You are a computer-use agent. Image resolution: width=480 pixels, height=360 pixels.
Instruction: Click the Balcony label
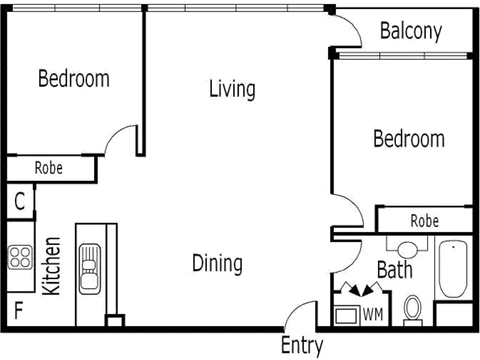[411, 31]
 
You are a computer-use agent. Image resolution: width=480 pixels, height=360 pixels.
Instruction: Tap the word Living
[232, 89]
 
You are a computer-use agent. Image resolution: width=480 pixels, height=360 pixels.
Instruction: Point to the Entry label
[302, 346]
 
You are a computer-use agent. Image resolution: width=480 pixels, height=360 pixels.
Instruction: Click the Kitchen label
[51, 266]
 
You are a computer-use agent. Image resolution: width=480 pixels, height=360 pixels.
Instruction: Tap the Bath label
[395, 269]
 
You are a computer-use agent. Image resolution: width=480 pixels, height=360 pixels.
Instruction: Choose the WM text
[373, 314]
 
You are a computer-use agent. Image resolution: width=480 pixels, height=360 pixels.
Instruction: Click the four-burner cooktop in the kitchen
[20, 257]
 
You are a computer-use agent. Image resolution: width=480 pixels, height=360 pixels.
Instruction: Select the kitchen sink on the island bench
[89, 269]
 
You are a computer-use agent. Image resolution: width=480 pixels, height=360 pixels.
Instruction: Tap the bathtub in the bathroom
[453, 269]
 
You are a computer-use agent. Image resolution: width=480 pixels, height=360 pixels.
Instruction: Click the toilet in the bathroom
[413, 310]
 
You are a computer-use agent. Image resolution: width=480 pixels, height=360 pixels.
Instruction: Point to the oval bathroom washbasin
[407, 250]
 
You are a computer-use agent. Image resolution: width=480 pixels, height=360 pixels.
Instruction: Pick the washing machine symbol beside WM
[347, 316]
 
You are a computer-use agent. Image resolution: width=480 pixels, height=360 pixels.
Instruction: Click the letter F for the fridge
[19, 310]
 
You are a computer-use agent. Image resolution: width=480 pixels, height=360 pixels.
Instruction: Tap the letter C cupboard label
[20, 201]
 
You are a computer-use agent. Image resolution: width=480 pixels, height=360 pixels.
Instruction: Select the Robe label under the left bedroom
[49, 168]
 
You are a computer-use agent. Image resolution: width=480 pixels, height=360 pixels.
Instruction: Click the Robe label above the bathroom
[425, 221]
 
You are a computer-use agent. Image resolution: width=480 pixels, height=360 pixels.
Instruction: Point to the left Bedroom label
[74, 79]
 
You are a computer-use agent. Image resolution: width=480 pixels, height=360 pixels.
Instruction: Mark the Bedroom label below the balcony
[409, 139]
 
